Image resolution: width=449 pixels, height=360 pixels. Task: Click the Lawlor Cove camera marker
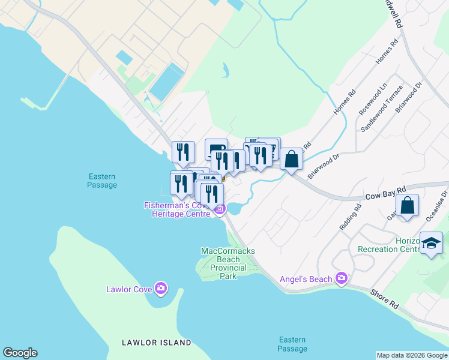pos(160,289)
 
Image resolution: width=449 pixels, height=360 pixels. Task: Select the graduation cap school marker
pos(432,243)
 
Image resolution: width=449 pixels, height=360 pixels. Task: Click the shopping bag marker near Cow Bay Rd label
pos(408,205)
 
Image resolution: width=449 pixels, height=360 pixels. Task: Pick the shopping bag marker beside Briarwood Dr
pos(291,160)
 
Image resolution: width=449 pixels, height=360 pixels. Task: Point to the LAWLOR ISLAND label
pos(156,343)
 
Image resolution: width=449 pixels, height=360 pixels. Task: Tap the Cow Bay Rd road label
pos(385,191)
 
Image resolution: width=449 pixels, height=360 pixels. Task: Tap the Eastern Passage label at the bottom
pos(292,344)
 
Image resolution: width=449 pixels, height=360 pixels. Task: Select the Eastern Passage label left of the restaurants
pos(102,181)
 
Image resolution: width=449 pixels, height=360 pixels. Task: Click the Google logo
pos(20,353)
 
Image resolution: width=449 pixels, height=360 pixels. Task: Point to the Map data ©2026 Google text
pos(412,355)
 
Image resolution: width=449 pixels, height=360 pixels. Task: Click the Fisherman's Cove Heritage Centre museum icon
pos(220,209)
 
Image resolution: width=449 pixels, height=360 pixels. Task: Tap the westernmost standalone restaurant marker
pos(183,152)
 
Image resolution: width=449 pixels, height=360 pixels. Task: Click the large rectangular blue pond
pos(167,82)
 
